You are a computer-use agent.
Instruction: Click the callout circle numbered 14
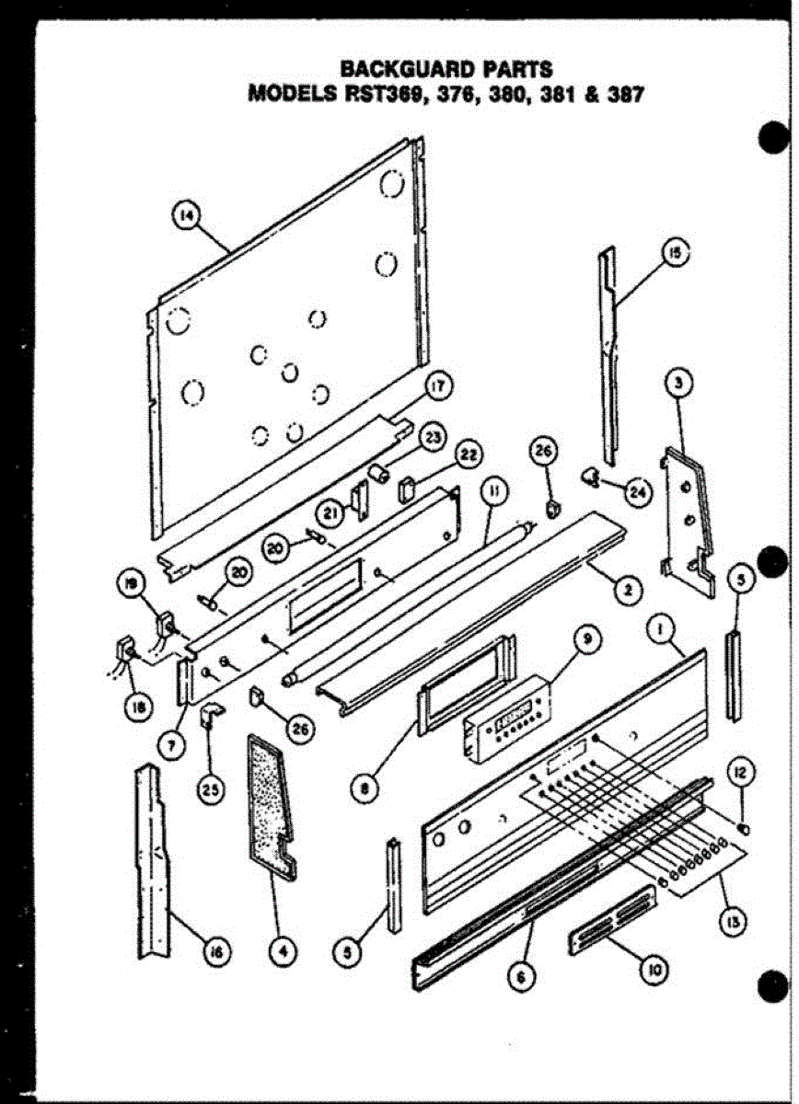[x=187, y=216]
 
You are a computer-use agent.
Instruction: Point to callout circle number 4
[x=282, y=952]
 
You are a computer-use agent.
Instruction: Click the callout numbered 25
[x=213, y=788]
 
